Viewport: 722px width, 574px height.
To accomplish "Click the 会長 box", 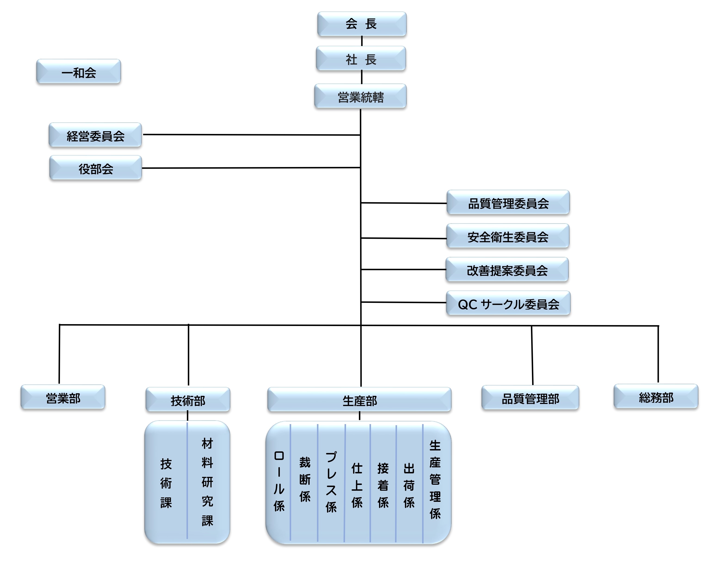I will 362,24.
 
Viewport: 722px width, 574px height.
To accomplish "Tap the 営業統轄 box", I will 360,96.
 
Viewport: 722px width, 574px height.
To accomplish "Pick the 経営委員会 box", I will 96,135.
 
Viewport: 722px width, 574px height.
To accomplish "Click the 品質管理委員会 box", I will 508,203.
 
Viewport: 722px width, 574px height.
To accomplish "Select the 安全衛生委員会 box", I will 508,236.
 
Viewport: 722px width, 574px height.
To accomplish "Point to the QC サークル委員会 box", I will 508,303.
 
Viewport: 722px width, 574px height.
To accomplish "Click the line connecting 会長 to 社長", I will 362,41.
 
